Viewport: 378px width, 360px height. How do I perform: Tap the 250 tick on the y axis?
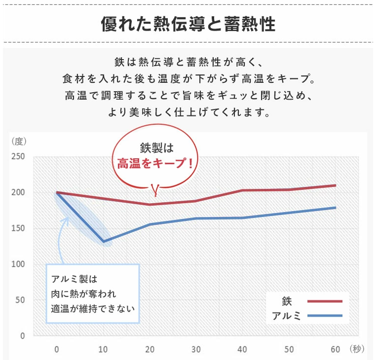18,157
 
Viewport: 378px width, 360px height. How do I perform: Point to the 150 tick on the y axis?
18,228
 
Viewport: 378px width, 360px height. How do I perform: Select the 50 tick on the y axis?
20,300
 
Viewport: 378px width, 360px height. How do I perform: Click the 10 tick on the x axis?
103,350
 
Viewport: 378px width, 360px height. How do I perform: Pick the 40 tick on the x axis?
242,350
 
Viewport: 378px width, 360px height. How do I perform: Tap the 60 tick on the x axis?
335,350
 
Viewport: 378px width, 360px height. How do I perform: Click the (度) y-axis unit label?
18,141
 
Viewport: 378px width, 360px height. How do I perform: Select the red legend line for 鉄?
325,301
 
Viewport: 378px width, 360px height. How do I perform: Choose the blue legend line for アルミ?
325,316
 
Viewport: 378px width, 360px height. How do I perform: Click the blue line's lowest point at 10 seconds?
104,241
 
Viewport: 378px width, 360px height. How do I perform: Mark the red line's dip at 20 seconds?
150,204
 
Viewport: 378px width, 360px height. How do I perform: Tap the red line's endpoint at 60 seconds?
336,185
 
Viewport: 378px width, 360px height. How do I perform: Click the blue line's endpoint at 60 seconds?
336,208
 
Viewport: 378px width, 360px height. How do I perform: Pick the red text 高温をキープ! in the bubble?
154,163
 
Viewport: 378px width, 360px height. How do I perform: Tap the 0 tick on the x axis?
57,350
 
